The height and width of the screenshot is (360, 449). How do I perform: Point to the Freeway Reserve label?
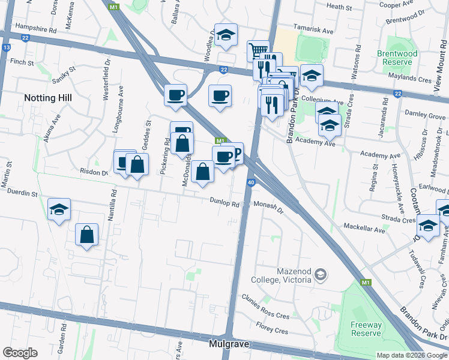coord(366,329)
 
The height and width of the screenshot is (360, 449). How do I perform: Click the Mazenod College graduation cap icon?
coord(321,275)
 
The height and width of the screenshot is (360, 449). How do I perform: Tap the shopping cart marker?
coord(258,50)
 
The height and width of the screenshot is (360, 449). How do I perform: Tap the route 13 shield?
coord(6,47)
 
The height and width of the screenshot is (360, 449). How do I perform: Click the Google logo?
coord(20,352)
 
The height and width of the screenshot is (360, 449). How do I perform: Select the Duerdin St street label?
coord(22,194)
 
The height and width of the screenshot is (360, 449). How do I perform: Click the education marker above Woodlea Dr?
coord(226,35)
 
